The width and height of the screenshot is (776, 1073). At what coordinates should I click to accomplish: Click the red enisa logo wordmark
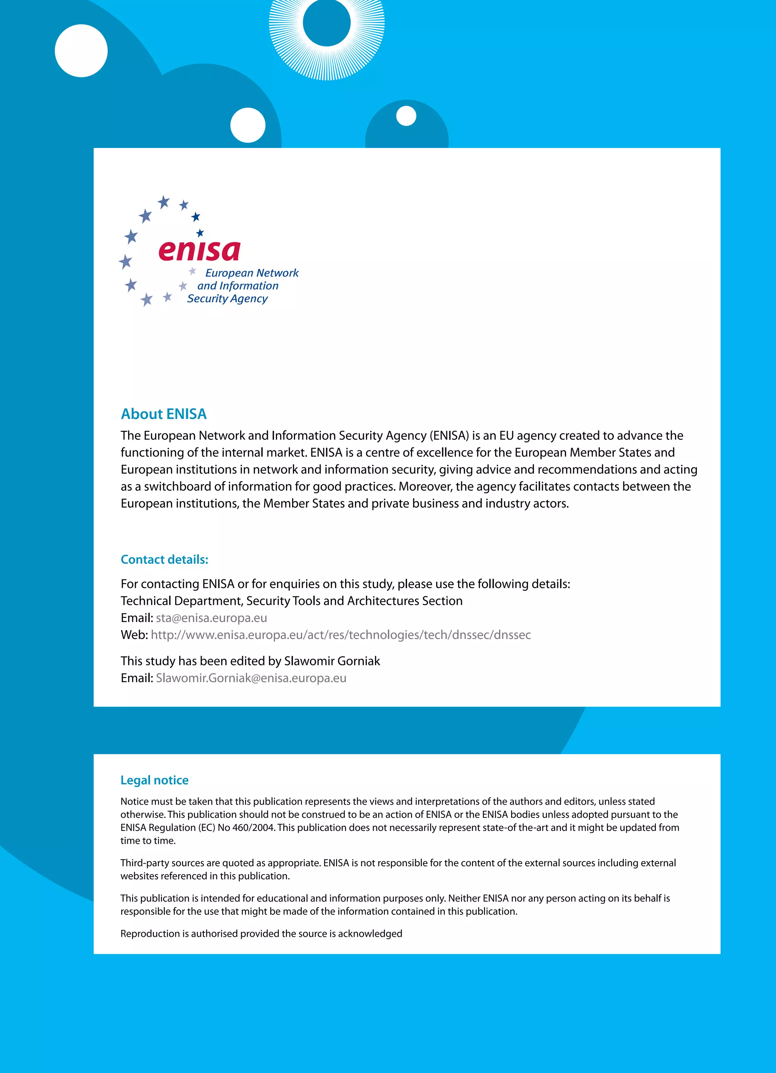[x=199, y=250]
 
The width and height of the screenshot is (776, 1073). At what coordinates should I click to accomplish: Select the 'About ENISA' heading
[x=164, y=414]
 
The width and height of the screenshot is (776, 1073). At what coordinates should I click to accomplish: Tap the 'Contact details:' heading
[x=164, y=559]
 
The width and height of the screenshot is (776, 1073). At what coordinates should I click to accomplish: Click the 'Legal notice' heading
[x=155, y=780]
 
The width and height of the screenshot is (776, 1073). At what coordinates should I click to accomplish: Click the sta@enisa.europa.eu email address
[x=211, y=618]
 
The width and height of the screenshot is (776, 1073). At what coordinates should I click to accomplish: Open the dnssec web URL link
[x=341, y=635]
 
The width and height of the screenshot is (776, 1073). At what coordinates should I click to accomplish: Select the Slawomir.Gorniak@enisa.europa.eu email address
[x=251, y=678]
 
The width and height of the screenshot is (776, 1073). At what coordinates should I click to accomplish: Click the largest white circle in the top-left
[x=81, y=50]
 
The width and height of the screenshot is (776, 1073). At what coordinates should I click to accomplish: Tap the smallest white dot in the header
[x=406, y=116]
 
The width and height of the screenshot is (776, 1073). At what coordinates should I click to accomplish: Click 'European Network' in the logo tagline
[x=252, y=273]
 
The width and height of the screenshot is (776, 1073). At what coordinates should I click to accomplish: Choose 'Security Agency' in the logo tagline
[x=227, y=299]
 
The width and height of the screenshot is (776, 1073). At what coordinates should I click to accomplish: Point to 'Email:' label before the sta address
[x=136, y=618]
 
